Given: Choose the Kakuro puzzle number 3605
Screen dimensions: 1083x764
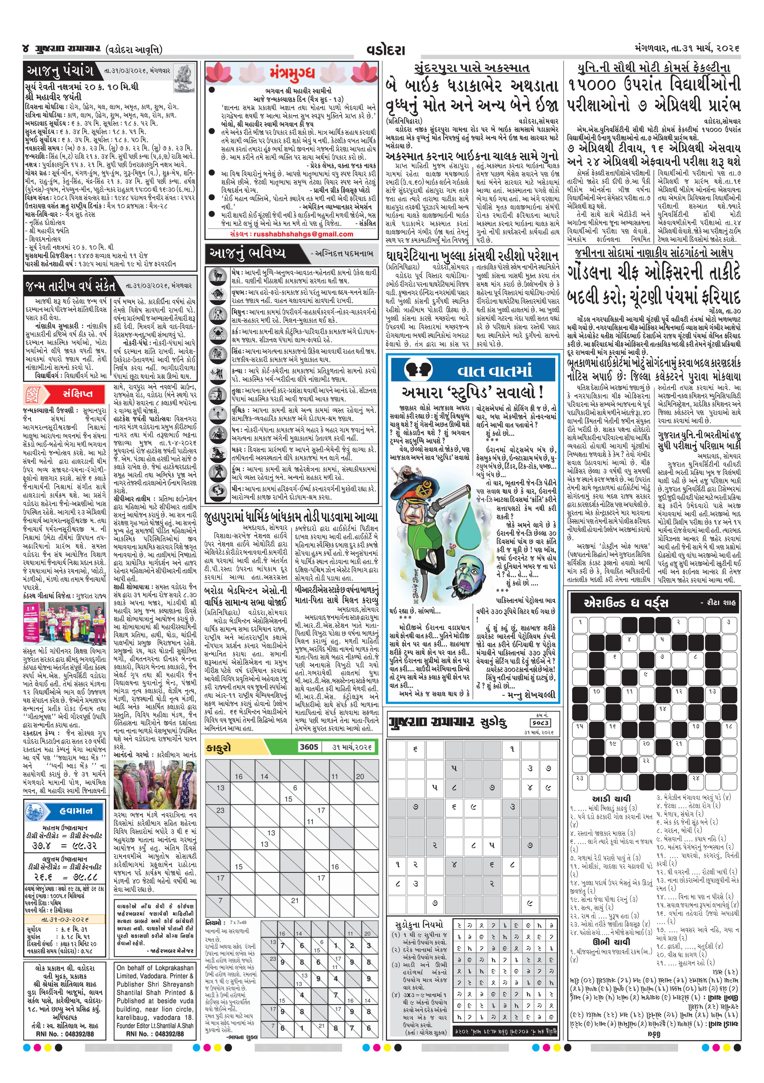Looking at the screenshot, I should [309, 747].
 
